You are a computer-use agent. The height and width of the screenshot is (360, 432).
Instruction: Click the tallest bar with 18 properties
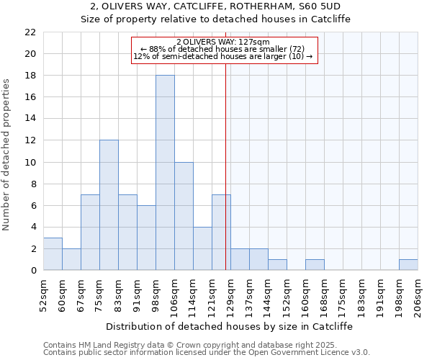point(165,173)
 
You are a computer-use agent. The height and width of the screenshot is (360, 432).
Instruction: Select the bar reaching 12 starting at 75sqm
point(109,205)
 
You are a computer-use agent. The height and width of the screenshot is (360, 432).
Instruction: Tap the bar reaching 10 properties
point(184,216)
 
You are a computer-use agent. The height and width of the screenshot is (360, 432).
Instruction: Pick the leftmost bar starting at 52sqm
point(53,254)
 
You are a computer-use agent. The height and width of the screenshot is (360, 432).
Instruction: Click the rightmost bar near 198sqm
point(408,265)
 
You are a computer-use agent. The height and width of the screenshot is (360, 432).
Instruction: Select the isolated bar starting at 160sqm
point(315,265)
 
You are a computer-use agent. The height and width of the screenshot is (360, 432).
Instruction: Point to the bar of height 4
point(202,248)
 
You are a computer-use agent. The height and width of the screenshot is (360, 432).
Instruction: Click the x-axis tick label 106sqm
point(174,296)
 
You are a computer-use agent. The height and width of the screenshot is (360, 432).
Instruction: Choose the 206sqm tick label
point(418,296)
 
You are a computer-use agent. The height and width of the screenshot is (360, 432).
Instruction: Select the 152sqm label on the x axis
point(286,296)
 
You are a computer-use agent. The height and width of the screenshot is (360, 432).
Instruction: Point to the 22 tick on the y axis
point(30,32)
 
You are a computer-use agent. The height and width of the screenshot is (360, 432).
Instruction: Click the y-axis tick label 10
point(30,162)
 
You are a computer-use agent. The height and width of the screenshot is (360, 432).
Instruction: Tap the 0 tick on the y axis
point(33,271)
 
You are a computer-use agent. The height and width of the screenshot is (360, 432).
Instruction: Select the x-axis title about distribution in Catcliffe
point(229,326)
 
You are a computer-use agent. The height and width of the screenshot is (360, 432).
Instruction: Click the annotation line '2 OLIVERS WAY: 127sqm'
point(223,42)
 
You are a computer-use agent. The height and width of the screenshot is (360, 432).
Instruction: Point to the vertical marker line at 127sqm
point(226,180)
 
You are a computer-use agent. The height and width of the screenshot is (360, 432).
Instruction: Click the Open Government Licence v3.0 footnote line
point(207,353)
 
